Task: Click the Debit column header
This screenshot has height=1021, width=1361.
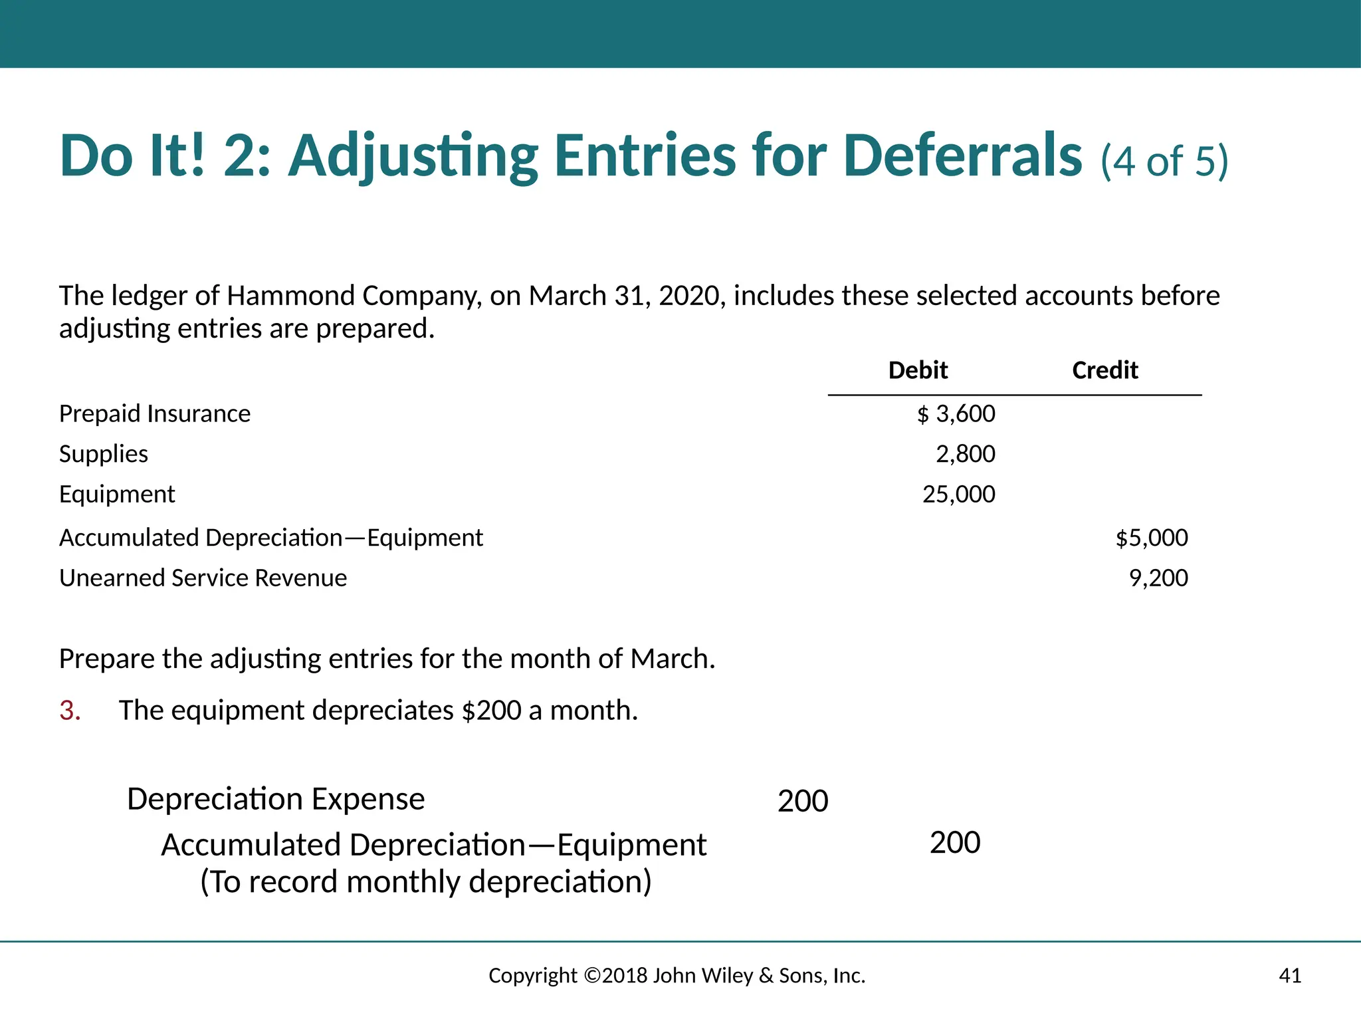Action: click(918, 370)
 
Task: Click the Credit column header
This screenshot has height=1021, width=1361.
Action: click(1104, 370)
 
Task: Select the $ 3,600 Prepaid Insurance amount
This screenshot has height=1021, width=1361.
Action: click(956, 414)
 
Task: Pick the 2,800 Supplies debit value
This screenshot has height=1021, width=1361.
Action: click(965, 454)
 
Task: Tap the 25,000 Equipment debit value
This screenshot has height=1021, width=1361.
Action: click(958, 495)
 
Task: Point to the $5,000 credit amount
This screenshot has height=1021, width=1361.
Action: click(1152, 538)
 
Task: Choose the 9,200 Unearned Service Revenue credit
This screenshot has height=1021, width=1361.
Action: click(1158, 578)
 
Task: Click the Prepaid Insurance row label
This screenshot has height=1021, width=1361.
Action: click(155, 413)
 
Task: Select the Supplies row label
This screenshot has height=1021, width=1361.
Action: click(104, 454)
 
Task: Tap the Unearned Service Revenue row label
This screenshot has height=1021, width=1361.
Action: click(203, 578)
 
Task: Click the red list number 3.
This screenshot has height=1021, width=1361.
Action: click(70, 711)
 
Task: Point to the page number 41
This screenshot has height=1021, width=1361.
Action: click(1290, 976)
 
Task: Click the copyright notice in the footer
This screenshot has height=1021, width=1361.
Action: click(677, 976)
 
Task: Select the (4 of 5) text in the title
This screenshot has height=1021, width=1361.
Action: click(1164, 161)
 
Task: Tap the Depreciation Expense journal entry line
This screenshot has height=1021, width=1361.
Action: click(276, 799)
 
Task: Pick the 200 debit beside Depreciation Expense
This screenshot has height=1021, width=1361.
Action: click(803, 801)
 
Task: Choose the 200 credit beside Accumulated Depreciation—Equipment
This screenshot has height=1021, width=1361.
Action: click(955, 843)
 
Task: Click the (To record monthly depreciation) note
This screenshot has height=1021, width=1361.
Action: click(426, 882)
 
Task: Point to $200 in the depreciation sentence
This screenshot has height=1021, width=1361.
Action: click(491, 711)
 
